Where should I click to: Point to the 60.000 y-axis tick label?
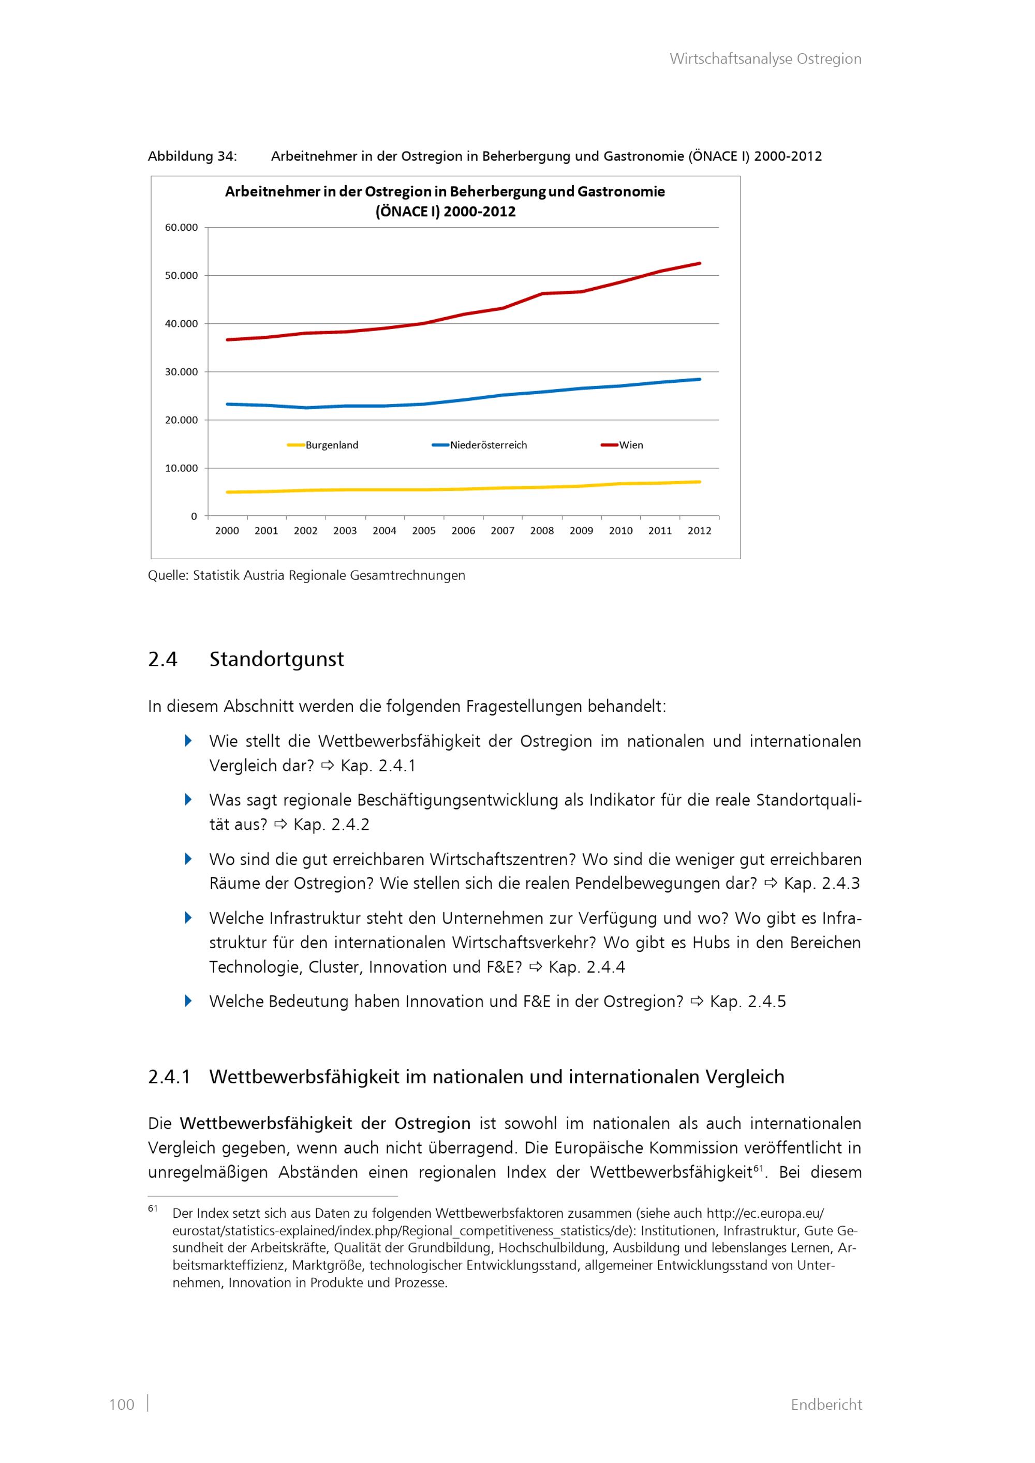click(x=182, y=228)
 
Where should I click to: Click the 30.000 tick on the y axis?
click(x=182, y=372)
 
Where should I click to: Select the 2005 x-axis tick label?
click(x=424, y=531)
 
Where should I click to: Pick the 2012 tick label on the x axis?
click(x=699, y=531)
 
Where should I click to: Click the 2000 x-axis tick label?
click(x=227, y=531)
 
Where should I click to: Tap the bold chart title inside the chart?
click(x=445, y=201)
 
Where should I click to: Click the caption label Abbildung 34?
click(x=193, y=156)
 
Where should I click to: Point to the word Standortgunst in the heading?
click(x=276, y=659)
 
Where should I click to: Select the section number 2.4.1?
click(x=169, y=1077)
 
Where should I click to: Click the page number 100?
click(x=122, y=1405)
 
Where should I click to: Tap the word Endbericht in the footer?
click(x=826, y=1405)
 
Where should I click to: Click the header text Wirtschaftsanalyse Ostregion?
click(x=765, y=58)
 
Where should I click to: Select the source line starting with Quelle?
click(x=306, y=575)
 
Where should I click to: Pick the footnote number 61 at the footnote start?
click(x=153, y=1208)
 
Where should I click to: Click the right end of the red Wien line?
click(x=699, y=263)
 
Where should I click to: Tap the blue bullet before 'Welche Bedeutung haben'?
click(x=188, y=1001)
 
